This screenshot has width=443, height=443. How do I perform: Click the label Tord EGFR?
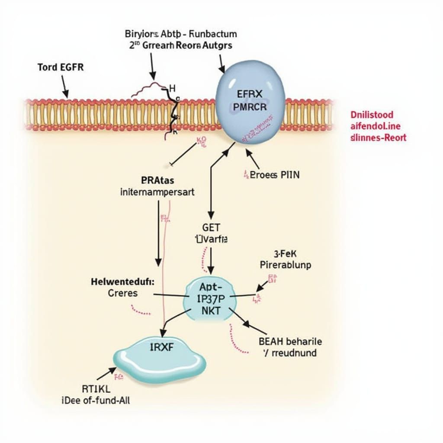[61, 67]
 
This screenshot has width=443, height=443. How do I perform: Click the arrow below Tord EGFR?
[64, 87]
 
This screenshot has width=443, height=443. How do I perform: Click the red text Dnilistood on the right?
[372, 115]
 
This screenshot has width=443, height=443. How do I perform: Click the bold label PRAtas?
[158, 180]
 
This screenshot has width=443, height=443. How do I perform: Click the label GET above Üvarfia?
[211, 228]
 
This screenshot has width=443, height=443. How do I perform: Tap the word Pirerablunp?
[285, 265]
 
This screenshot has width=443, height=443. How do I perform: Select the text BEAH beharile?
[290, 341]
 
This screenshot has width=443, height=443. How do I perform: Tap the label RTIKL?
[93, 388]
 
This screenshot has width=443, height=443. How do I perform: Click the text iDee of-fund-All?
[96, 400]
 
